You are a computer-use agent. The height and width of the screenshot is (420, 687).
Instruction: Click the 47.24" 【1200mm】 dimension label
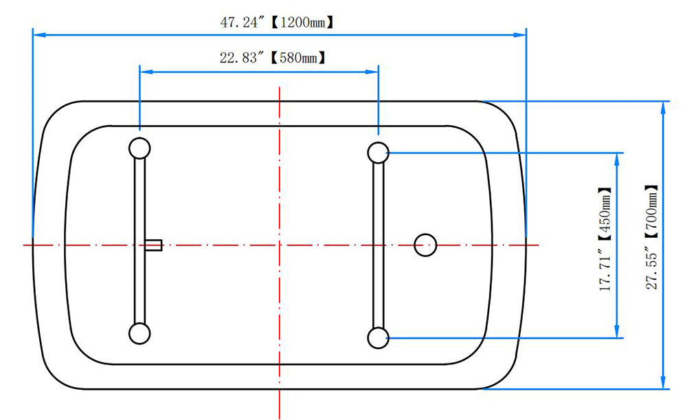click(x=277, y=22)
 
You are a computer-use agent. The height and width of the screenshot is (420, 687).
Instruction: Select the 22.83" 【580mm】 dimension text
click(x=273, y=58)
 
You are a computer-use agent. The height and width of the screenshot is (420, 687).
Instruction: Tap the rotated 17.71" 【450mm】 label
click(x=605, y=239)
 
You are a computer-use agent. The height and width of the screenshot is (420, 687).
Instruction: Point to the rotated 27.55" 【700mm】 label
click(x=651, y=236)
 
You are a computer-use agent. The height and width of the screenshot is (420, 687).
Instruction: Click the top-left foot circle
click(x=139, y=148)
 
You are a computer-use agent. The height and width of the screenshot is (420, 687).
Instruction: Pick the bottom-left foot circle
click(x=139, y=333)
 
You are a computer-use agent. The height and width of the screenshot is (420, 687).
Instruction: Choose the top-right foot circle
click(x=378, y=153)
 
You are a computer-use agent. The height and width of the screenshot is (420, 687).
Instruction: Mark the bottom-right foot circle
click(x=378, y=338)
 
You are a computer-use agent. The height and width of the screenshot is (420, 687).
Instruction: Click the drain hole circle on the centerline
click(x=425, y=245)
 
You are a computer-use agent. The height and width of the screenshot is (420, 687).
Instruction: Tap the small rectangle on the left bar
click(x=153, y=245)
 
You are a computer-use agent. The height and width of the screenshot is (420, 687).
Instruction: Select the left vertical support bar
click(x=139, y=241)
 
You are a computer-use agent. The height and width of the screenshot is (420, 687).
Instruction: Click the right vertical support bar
click(x=378, y=245)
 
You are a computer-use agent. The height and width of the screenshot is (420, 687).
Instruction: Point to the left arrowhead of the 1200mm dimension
click(x=39, y=34)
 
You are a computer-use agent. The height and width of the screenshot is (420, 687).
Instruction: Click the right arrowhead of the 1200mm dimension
click(x=519, y=34)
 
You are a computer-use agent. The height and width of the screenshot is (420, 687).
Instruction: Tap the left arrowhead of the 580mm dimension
click(x=146, y=71)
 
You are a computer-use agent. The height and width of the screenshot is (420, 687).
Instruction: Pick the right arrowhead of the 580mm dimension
click(x=372, y=71)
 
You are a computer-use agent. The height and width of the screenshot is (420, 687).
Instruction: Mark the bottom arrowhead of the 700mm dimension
click(x=664, y=382)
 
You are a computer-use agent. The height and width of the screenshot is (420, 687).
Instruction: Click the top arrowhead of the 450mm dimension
click(x=618, y=159)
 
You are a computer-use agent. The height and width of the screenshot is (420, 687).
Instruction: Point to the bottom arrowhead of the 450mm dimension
click(x=618, y=331)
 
